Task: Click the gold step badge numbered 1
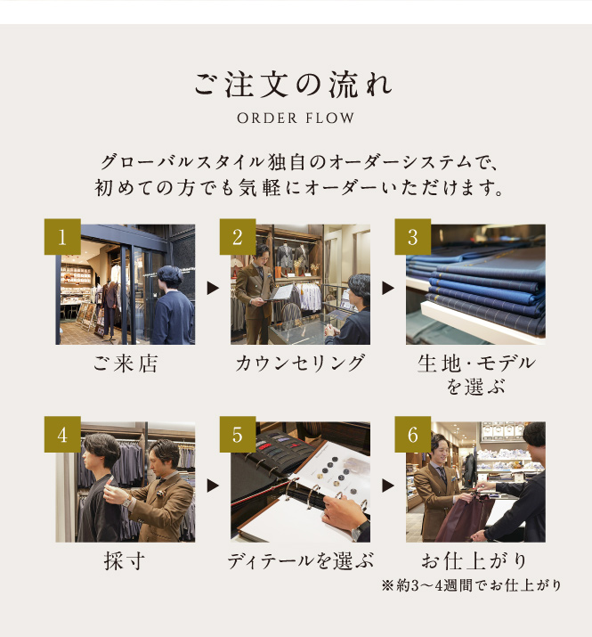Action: tap(62, 236)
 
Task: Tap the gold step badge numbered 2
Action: tap(238, 236)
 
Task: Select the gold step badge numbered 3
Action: tap(412, 236)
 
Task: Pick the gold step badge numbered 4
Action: tap(62, 434)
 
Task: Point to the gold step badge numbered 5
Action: tap(238, 434)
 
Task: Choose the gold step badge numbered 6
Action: tap(412, 434)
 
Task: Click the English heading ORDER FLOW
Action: tap(296, 118)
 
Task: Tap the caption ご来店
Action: tap(125, 363)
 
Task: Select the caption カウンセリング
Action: tap(300, 363)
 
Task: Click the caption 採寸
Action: tap(125, 561)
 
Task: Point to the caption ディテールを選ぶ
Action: tap(300, 561)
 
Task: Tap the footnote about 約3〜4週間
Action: tap(472, 585)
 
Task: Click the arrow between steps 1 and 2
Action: tap(213, 288)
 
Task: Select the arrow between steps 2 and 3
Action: tap(388, 288)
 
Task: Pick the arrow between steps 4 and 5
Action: tap(213, 486)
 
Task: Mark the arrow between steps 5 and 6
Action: tap(388, 486)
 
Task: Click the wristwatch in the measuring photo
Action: tap(126, 502)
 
